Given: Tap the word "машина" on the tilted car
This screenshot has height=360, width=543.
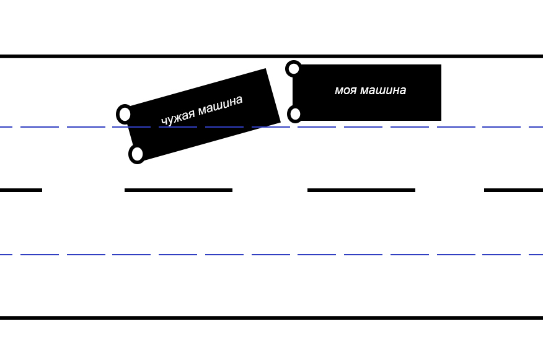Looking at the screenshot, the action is pos(221,106).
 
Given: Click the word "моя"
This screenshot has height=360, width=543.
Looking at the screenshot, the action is pos(346,90).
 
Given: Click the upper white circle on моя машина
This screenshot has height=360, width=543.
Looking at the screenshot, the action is pos(294,69).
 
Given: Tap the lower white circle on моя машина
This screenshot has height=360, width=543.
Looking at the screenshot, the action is pos(295,114).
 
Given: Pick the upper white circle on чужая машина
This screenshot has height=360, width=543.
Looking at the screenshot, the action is pos(125,114).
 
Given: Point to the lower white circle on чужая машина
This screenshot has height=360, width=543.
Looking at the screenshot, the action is pos(137,154).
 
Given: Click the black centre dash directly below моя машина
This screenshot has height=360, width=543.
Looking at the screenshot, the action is pos(361,190).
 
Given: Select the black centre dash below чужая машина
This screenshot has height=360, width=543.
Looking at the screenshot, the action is pos(179,190).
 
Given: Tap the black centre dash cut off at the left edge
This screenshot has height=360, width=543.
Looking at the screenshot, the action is pos(21,190).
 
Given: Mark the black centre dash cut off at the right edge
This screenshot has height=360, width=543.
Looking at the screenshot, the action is pos(513,190).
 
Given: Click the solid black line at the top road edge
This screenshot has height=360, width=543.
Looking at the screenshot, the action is pos(271,56).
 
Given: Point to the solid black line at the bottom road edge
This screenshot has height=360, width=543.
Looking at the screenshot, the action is pos(271,317).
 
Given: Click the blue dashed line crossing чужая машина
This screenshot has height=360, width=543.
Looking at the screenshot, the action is pos(271,127).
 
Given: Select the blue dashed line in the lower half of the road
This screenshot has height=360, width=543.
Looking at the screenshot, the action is pos(271,255).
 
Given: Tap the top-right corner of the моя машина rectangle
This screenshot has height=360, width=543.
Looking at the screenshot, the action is pos(441,64).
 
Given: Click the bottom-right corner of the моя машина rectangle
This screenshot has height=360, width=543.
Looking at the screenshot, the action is pos(441,121).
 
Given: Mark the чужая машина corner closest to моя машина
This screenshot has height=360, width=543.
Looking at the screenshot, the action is pos(281,122).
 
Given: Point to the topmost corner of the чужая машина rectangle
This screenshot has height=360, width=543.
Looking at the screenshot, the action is pos(266,69).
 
